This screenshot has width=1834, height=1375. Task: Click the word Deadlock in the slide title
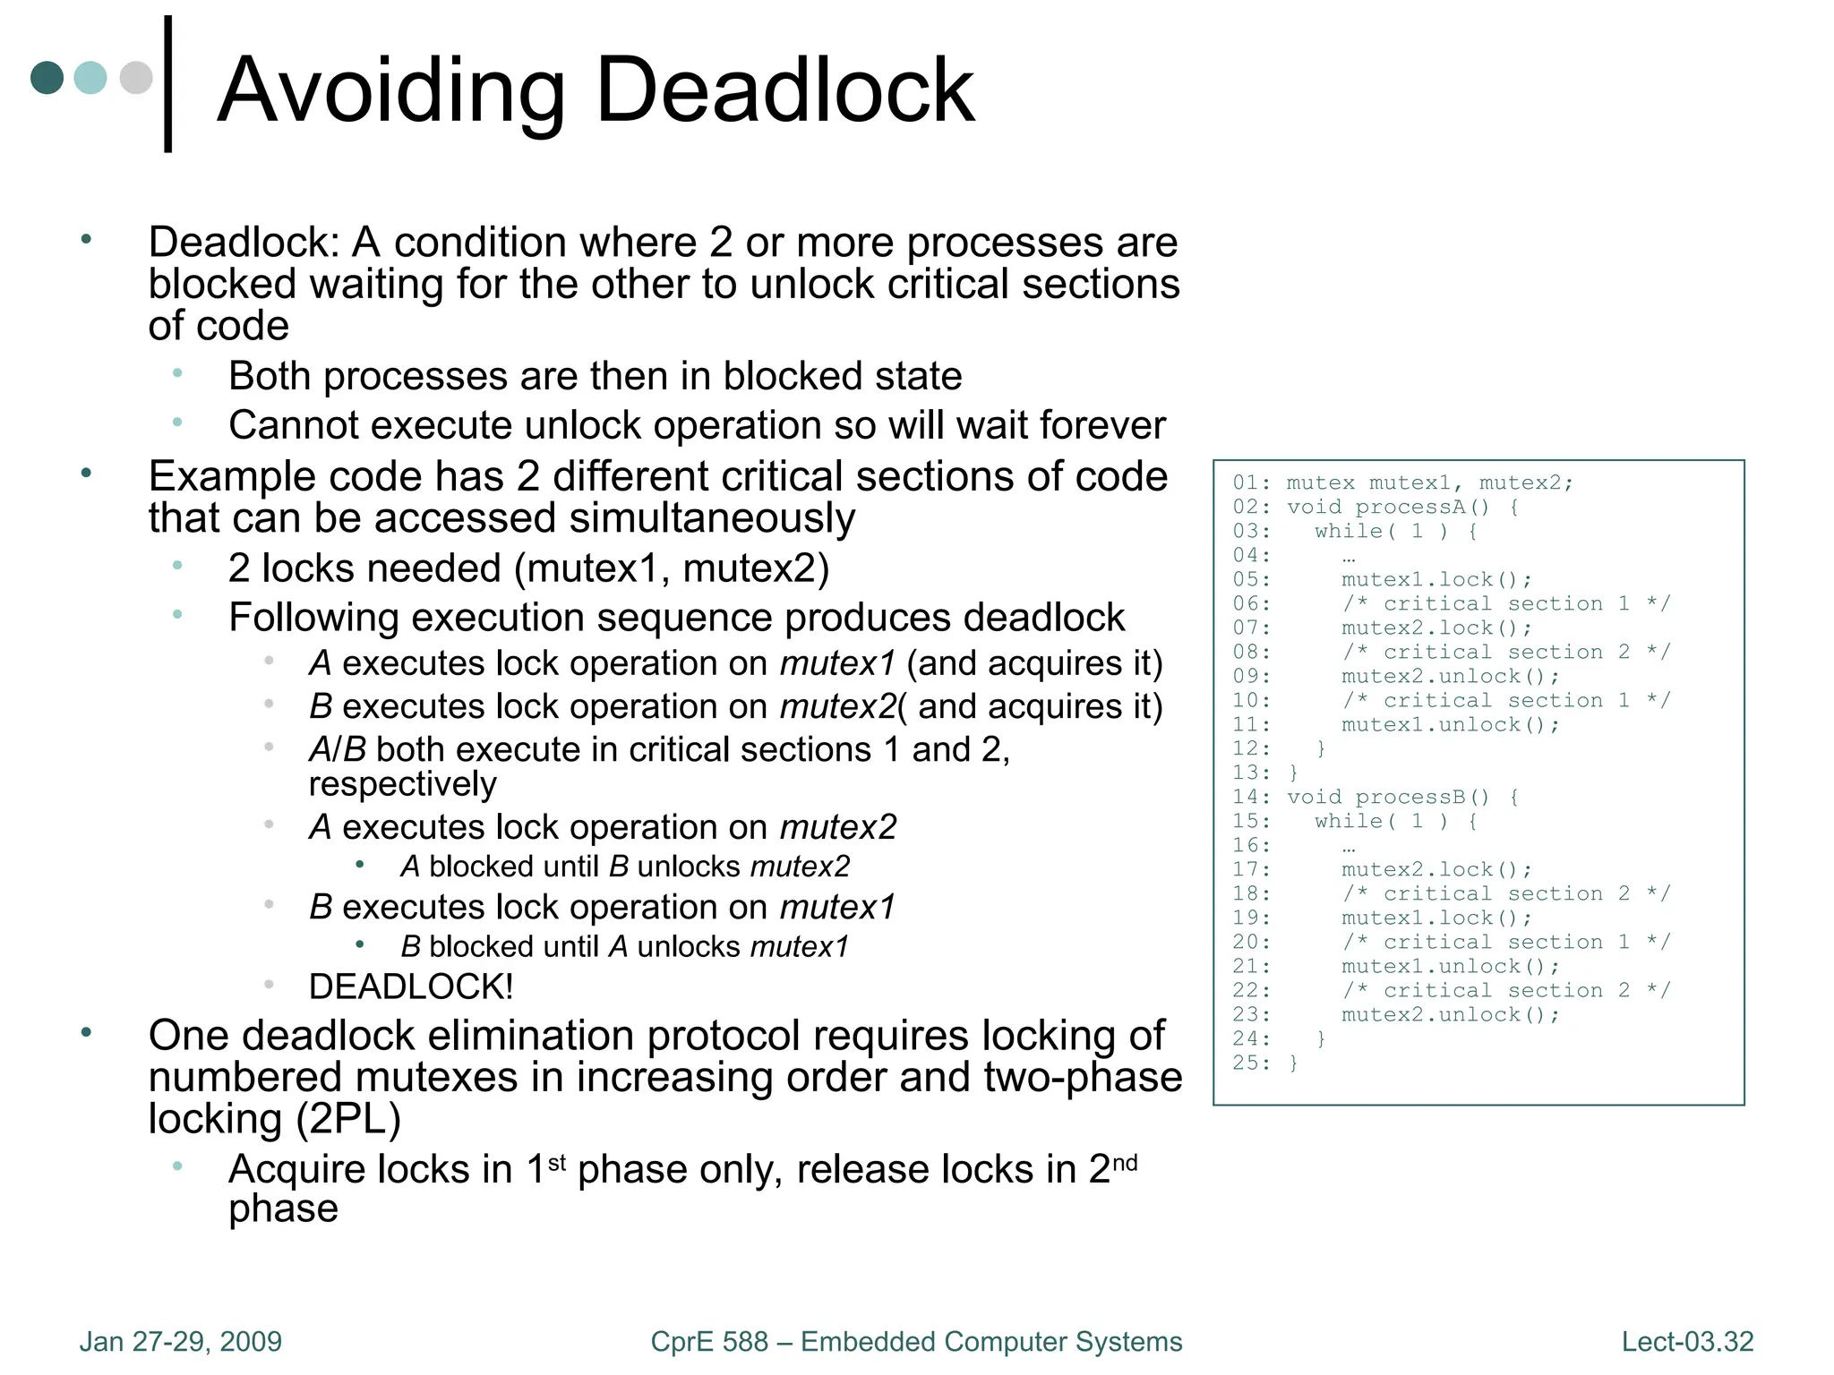click(784, 90)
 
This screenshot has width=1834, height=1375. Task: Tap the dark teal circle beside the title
click(47, 78)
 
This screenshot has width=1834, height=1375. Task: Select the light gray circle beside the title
click(136, 78)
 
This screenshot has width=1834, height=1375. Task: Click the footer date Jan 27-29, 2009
click(180, 1341)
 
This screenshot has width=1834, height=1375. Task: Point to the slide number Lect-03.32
click(1687, 1341)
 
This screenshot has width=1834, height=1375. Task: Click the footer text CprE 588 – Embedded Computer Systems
click(916, 1341)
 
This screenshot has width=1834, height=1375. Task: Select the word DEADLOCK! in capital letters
click(411, 986)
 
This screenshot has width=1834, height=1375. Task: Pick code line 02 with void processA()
click(1402, 507)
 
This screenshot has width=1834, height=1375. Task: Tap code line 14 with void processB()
click(1402, 797)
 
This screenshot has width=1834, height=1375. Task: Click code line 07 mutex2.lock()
click(1436, 628)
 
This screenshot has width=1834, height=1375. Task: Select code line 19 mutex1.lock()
click(1436, 918)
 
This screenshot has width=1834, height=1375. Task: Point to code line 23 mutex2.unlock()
click(1450, 1014)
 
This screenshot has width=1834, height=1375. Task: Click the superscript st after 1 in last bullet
click(556, 1162)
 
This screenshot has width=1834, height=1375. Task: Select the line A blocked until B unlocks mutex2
click(625, 867)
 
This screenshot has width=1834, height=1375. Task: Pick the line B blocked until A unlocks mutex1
click(624, 946)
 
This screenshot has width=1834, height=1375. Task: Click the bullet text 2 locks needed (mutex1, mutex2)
click(528, 568)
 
